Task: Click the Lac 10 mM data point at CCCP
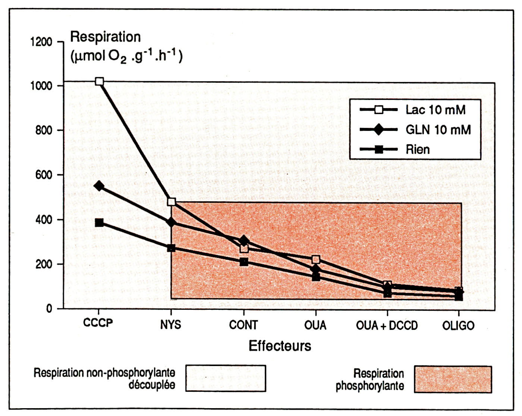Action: coord(99,81)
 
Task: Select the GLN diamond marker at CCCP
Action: coord(99,186)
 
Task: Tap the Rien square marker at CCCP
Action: coord(99,223)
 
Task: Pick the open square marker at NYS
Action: coord(172,202)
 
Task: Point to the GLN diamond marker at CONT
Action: coord(244,240)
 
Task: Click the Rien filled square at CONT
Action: coord(244,262)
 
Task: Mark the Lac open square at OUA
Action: coord(316,259)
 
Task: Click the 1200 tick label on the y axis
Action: coord(41,42)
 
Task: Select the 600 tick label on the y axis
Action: coord(44,175)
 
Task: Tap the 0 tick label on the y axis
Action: coord(49,309)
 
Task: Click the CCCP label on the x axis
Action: coord(98,323)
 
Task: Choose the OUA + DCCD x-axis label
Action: coord(387,325)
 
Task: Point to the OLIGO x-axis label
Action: coord(458,325)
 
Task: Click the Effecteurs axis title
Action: coord(280,346)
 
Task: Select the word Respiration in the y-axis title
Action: coord(106,37)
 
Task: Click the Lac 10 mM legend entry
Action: coord(435,110)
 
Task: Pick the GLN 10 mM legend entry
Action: coord(438,130)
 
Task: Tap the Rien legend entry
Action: coord(418,149)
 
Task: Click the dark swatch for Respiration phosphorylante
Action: coord(453,379)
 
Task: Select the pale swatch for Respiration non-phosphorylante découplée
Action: coord(226,378)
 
